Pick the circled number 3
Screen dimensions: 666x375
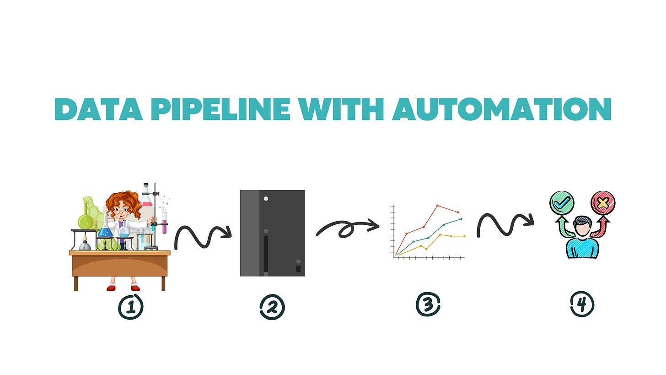(428, 304)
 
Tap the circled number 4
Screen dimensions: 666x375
(582, 304)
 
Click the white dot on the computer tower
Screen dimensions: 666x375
(266, 199)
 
